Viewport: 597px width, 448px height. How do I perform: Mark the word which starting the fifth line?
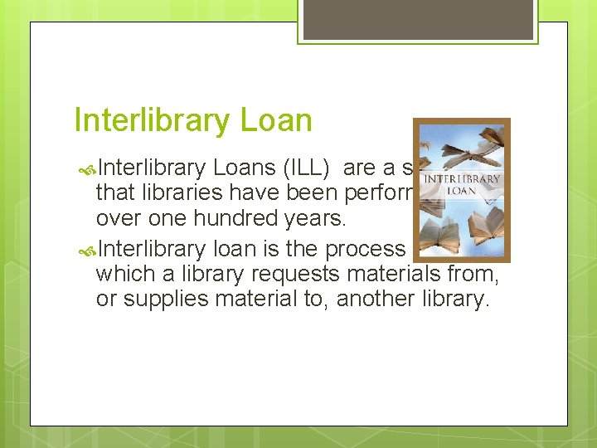pyautogui.click(x=120, y=275)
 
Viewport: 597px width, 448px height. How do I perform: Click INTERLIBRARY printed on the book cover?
pyautogui.click(x=462, y=178)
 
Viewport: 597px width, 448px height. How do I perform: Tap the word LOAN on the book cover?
pyautogui.click(x=462, y=190)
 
